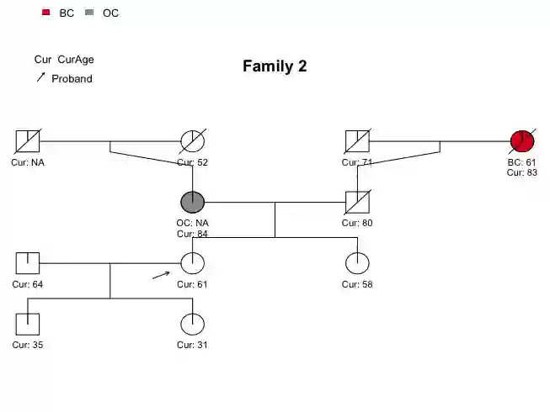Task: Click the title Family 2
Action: (x=275, y=66)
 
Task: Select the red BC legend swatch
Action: (x=46, y=13)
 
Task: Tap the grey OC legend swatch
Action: (x=89, y=13)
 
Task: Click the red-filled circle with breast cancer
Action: (x=522, y=141)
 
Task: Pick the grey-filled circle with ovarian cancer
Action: (x=193, y=202)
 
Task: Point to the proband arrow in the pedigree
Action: (x=161, y=275)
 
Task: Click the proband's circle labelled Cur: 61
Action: (x=193, y=263)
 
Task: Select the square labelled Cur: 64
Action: (x=28, y=263)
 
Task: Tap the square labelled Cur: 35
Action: (x=28, y=324)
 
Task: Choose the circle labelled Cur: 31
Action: (x=193, y=324)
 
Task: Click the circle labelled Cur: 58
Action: (x=358, y=263)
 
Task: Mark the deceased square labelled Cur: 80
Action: (x=358, y=202)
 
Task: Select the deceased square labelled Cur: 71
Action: (x=358, y=141)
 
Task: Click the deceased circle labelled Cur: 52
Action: (x=193, y=141)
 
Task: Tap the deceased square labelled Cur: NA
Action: (x=28, y=141)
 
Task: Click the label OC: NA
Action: (x=193, y=223)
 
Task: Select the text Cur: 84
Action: (x=193, y=234)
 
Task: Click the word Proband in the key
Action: (x=72, y=79)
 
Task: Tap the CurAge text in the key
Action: (x=76, y=60)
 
